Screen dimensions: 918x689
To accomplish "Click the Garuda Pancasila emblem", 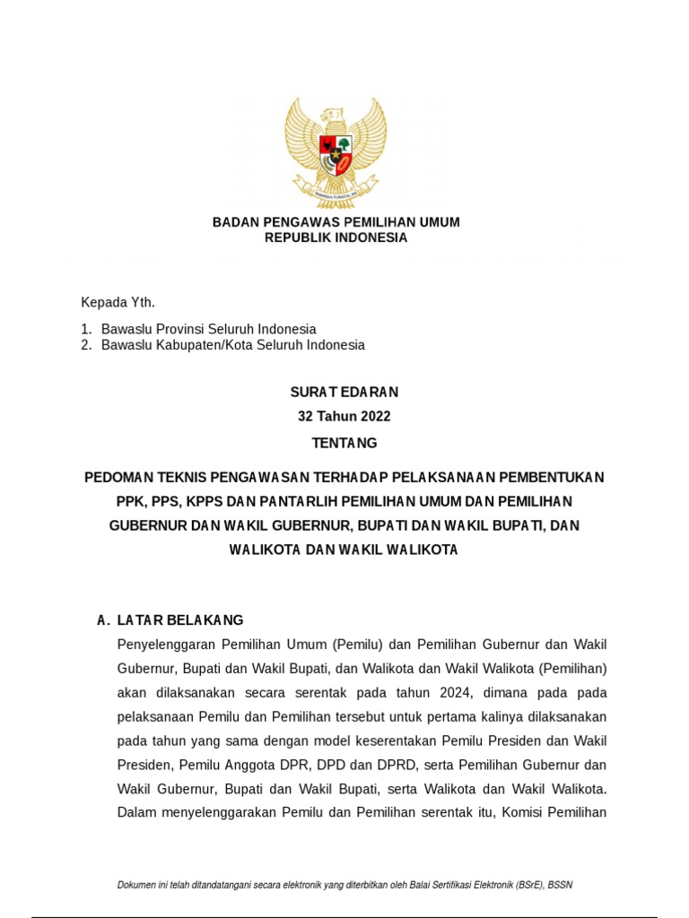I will tap(336, 152).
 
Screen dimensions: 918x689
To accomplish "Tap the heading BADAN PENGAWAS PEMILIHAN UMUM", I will tap(336, 221).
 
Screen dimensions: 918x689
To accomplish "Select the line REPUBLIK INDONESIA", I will tap(336, 238).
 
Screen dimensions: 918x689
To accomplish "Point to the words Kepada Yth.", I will tap(111, 302).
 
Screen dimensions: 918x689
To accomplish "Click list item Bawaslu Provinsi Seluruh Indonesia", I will tap(208, 329).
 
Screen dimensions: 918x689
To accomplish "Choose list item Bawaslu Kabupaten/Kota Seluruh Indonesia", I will tap(233, 345).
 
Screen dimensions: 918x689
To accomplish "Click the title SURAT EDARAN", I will tap(344, 392).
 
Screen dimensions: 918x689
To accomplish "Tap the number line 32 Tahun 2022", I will tap(344, 417).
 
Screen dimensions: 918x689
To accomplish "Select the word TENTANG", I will tap(344, 443).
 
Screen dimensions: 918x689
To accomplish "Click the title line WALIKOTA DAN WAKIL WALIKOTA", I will tap(344, 550).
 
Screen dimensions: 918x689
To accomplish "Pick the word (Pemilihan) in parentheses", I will tap(573, 669).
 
